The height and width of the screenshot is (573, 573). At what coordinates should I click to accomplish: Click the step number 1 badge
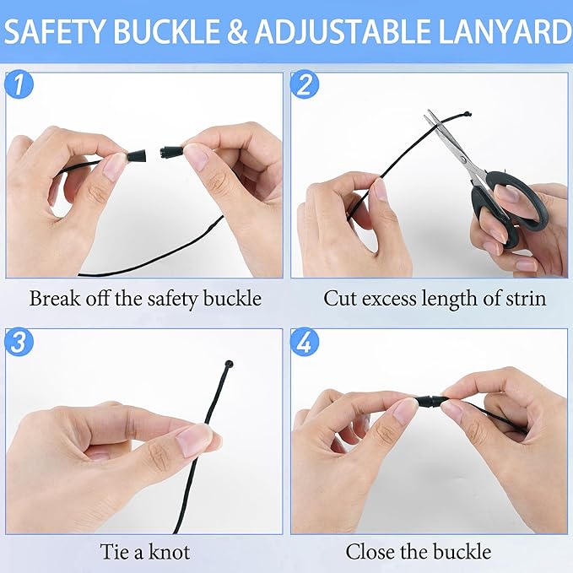coord(19,84)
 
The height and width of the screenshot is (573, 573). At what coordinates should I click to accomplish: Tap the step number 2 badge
coord(305,84)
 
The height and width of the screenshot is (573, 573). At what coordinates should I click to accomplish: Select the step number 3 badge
coord(19,342)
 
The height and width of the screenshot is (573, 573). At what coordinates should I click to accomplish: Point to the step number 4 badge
coord(305,342)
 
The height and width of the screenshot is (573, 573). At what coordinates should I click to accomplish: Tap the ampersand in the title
coord(236,32)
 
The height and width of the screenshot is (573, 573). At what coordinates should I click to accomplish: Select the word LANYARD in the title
coord(505,32)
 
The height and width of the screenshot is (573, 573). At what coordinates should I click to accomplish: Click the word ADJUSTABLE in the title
coord(343,32)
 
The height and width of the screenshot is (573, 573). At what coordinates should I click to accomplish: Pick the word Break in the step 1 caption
coord(55,298)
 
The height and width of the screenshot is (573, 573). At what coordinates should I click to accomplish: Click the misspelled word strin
coord(526,299)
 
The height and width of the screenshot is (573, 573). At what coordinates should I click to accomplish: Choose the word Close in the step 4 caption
coord(370,552)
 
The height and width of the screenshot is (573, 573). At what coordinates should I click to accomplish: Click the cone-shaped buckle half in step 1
coord(137,156)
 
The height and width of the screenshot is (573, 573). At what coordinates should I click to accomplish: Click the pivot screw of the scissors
coord(463,159)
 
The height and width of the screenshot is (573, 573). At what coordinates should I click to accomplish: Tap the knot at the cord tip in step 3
coord(230,364)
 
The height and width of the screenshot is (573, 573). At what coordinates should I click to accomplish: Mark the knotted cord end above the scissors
coord(467,114)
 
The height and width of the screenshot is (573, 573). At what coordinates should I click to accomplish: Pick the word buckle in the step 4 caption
coord(462,552)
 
